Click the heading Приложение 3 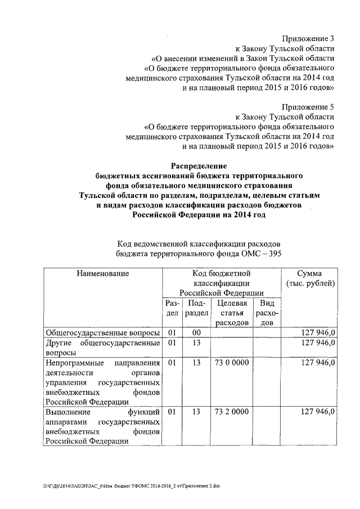click(308, 39)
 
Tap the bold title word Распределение click(199, 166)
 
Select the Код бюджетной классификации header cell click(222, 283)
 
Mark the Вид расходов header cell click(267, 313)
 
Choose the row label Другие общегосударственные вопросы click(103, 347)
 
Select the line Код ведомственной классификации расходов click(198, 243)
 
